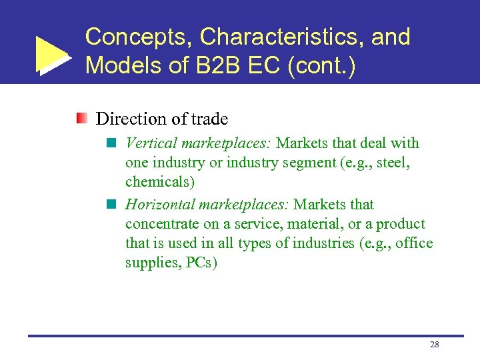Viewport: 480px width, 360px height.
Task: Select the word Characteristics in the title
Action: [x=281, y=37]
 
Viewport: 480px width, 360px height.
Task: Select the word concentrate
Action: [x=160, y=224]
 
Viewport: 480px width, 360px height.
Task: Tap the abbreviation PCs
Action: [x=201, y=263]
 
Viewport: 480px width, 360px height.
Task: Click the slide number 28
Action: [x=434, y=345]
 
